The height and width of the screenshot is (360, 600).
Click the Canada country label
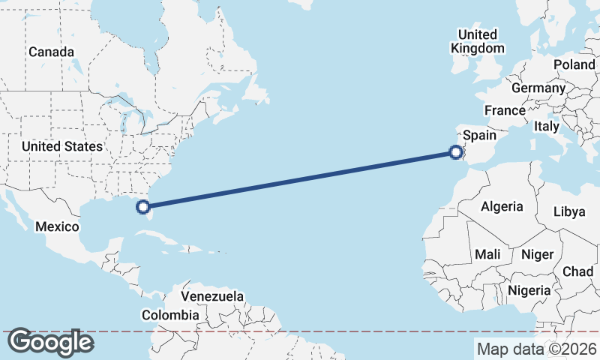[51, 52]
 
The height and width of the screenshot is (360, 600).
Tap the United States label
[61, 146]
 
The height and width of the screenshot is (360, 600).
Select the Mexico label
[58, 226]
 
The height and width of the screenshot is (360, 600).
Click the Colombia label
[171, 315]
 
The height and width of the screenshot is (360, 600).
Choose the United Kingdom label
[478, 41]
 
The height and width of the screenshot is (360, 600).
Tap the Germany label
[538, 88]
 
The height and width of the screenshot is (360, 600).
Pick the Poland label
[574, 64]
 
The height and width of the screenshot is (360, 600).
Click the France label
[505, 110]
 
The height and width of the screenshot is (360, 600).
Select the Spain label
[480, 135]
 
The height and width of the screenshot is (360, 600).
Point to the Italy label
[547, 126]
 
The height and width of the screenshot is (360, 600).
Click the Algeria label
[502, 206]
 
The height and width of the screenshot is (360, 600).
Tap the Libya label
[568, 211]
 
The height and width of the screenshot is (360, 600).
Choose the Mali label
[487, 254]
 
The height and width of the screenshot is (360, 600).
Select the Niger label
[536, 254]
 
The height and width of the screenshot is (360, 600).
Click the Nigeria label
[529, 289]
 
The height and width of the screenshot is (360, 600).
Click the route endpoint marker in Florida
[144, 205]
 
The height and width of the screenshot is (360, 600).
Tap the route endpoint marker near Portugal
[455, 152]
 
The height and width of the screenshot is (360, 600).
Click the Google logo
[50, 342]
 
